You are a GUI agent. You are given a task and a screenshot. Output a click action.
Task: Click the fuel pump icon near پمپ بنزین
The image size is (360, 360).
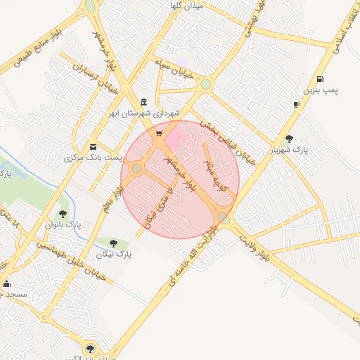(x=321, y=79)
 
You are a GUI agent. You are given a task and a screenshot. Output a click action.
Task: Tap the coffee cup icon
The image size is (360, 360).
(x=296, y=105)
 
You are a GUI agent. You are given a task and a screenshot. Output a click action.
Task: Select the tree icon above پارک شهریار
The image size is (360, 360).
(x=289, y=139)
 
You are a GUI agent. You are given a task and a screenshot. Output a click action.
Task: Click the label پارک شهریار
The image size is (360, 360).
(x=290, y=150)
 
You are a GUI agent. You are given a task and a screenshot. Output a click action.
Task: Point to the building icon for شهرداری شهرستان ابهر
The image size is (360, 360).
(x=144, y=101)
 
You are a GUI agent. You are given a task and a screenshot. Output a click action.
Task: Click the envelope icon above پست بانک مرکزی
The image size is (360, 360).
(x=93, y=146)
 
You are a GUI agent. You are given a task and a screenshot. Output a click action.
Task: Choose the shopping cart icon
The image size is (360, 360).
(x=159, y=132)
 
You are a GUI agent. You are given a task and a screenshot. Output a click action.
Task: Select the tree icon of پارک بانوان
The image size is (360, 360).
(x=63, y=213)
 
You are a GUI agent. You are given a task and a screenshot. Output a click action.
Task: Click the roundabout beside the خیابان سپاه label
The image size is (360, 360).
(x=205, y=84)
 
